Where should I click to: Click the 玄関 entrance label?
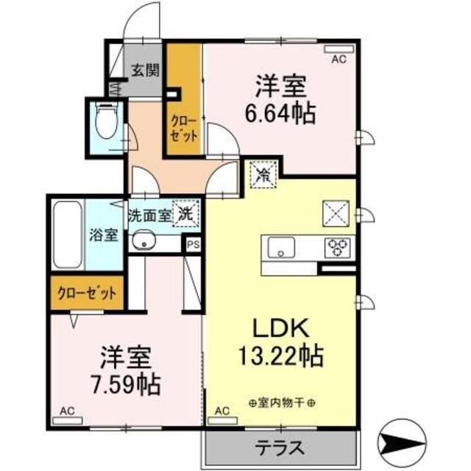pos(146,71)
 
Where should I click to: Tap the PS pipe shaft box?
pos(193,246)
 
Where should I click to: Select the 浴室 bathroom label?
pos(104,236)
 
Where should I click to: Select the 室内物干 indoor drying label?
pos(282,403)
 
